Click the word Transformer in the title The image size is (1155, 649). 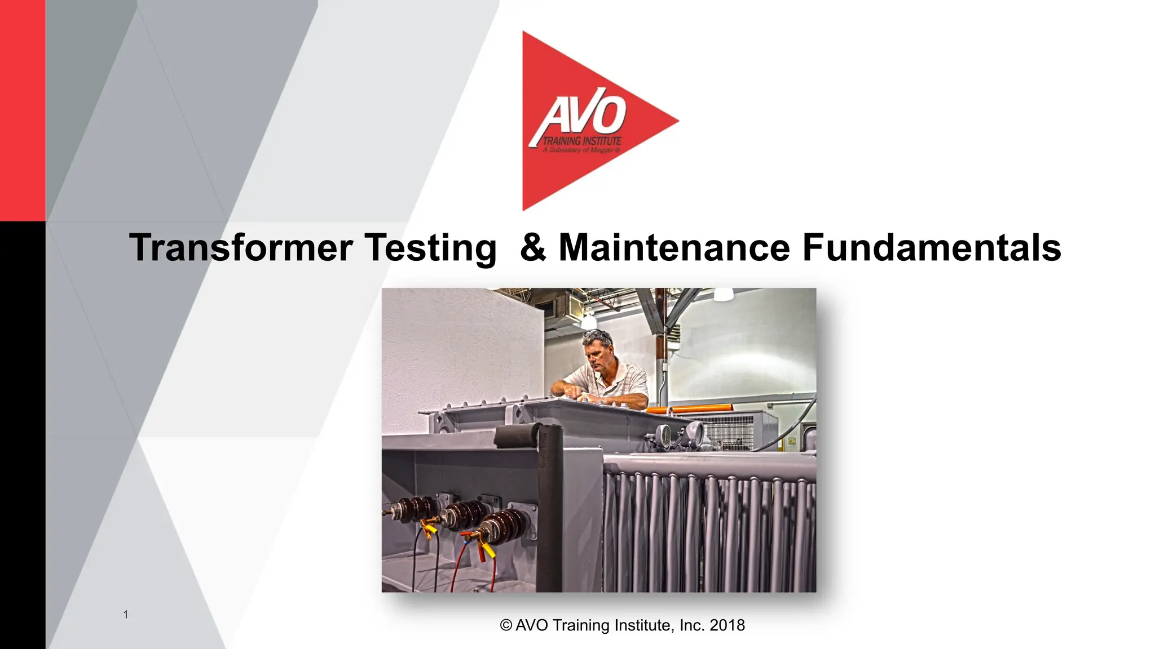click(x=241, y=248)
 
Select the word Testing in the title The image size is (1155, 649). click(x=430, y=248)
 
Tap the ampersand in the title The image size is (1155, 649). click(x=532, y=248)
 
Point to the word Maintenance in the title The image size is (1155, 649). click(x=674, y=248)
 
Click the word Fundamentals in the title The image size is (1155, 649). click(x=931, y=248)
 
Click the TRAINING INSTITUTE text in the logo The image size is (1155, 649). click(x=581, y=141)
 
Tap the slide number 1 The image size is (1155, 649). click(x=126, y=615)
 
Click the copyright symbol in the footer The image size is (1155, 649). click(x=506, y=625)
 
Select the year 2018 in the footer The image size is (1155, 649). click(x=727, y=625)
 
